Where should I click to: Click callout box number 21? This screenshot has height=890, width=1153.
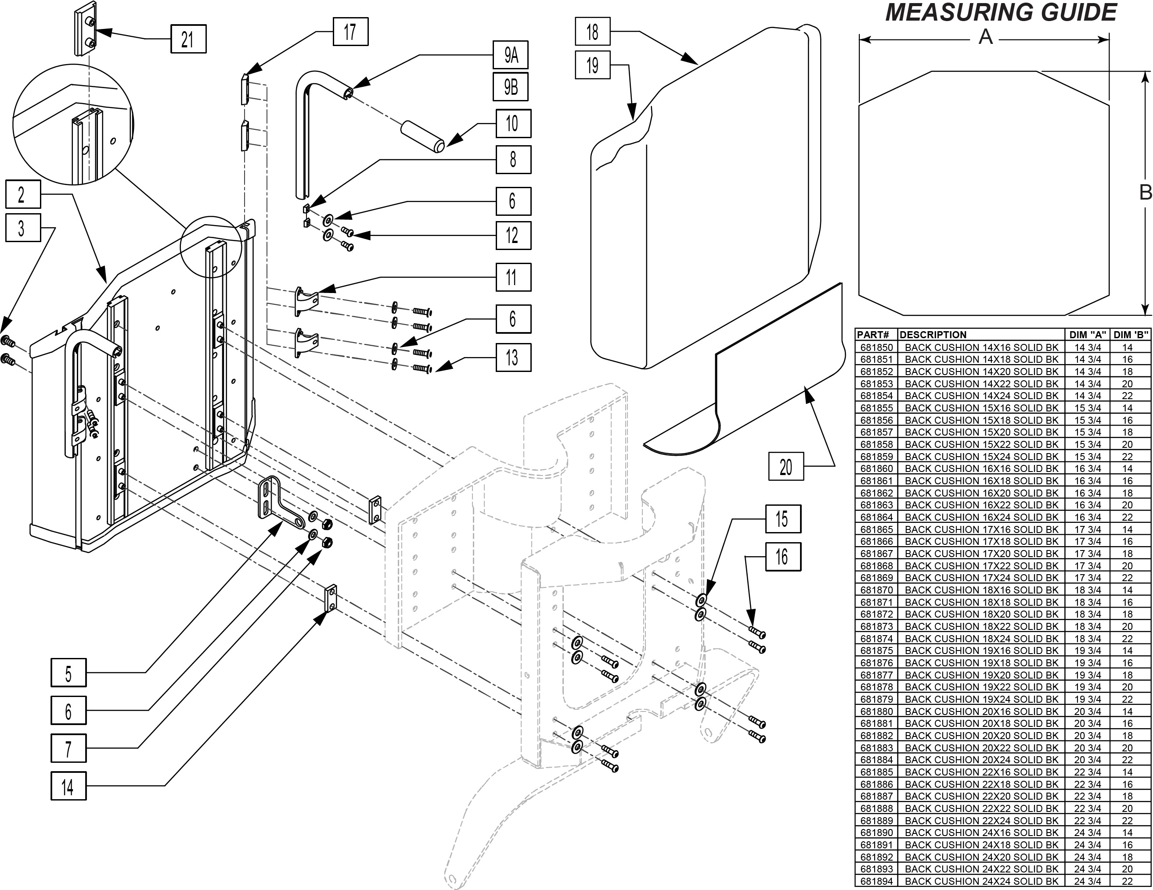click(188, 39)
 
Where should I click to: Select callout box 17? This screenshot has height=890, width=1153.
click(350, 32)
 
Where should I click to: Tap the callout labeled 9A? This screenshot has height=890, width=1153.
click(511, 55)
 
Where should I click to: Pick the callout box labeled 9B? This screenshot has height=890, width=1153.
click(511, 86)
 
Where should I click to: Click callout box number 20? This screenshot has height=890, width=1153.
click(786, 466)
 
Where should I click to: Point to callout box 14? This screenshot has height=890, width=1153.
click(68, 786)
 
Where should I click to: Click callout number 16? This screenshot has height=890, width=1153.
click(783, 557)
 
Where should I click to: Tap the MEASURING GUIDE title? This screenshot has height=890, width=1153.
click(1001, 13)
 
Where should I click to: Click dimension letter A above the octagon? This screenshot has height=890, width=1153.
click(986, 37)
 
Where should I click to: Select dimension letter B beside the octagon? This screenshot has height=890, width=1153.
click(1145, 193)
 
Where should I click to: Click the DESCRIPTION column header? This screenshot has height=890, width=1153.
click(933, 335)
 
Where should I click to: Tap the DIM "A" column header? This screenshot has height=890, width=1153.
click(1088, 335)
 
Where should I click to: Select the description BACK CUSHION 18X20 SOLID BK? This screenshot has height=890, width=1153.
click(981, 614)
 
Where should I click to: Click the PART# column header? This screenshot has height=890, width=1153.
click(874, 335)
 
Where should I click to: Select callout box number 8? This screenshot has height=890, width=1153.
click(513, 159)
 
